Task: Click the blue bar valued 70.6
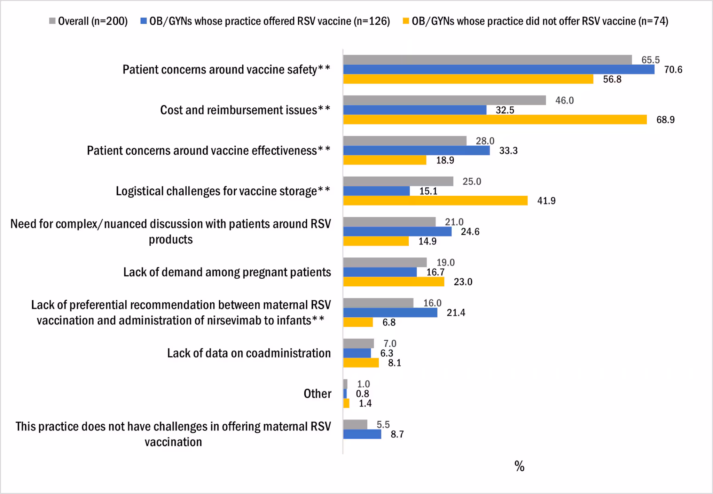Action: [x=499, y=70]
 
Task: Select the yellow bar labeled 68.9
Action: [x=495, y=120]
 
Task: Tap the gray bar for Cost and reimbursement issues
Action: [x=444, y=100]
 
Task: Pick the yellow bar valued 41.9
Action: [x=435, y=201]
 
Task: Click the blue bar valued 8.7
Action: [x=362, y=434]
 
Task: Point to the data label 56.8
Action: [x=612, y=79]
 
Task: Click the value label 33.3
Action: [x=508, y=151]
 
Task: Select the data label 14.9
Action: [x=427, y=241]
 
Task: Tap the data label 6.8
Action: [x=389, y=323]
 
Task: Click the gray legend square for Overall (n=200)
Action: [x=53, y=21]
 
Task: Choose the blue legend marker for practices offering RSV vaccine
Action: [x=143, y=21]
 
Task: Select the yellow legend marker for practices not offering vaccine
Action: [x=406, y=21]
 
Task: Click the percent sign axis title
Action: [x=519, y=466]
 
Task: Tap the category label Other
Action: [x=317, y=394]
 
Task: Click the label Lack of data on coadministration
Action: [x=249, y=353]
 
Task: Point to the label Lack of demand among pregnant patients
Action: [x=227, y=272]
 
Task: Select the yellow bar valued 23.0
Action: [x=393, y=282]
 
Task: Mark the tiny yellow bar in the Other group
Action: [x=346, y=403]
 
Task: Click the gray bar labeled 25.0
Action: [x=398, y=182]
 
